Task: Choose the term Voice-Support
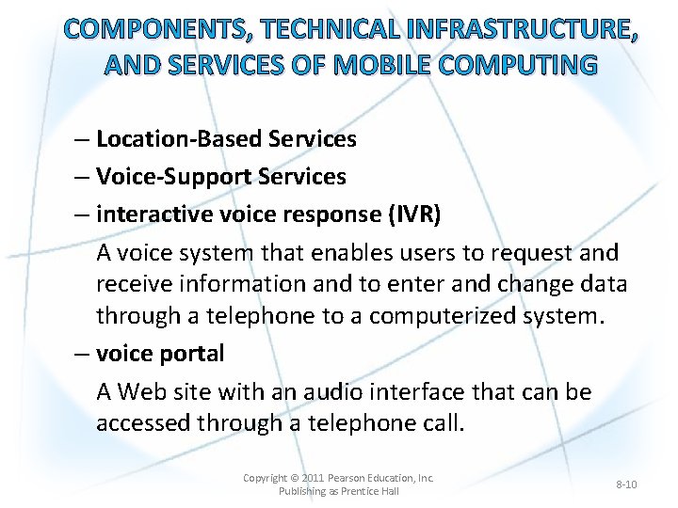[x=171, y=177]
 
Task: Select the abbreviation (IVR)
[x=413, y=214]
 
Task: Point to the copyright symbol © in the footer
[x=296, y=478]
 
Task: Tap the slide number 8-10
[x=626, y=484]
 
